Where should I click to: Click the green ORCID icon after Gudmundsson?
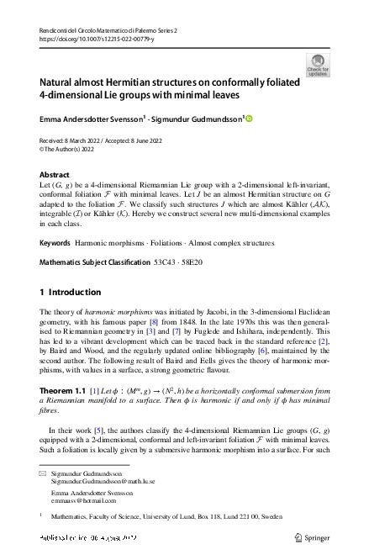tap(249, 118)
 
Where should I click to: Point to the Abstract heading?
tap(55, 174)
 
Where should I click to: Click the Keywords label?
tap(55, 243)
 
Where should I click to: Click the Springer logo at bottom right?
tap(314, 536)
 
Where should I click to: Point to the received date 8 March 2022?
tap(83, 138)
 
